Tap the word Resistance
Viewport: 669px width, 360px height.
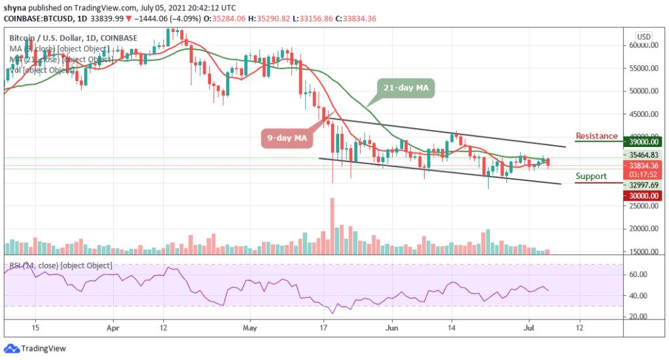click(x=596, y=136)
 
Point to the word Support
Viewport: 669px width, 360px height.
click(x=591, y=176)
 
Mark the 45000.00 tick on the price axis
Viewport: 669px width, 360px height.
click(x=643, y=114)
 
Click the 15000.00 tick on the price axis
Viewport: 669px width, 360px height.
click(x=643, y=252)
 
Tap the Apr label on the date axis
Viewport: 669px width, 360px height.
click(x=114, y=328)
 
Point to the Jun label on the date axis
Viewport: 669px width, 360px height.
click(x=391, y=328)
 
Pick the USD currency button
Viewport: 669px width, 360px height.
click(x=644, y=36)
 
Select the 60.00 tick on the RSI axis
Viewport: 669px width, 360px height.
click(x=638, y=275)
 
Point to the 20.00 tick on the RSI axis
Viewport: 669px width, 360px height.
click(x=638, y=316)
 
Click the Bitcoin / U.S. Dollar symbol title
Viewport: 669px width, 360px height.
click(x=50, y=38)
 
